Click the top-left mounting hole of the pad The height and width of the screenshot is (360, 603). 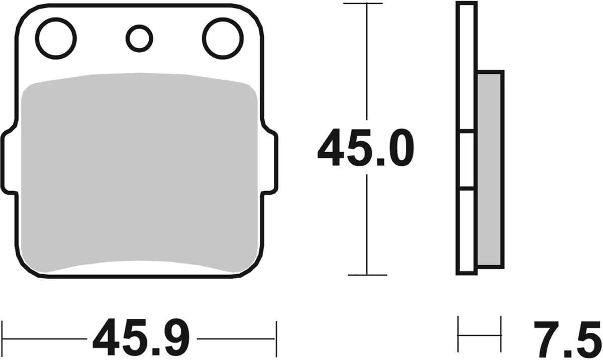[56, 38]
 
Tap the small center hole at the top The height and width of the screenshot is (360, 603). [139, 38]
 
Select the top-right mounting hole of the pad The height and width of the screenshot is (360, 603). [223, 38]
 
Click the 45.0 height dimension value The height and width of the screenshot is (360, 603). [365, 148]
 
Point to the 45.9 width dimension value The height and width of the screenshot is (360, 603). [141, 338]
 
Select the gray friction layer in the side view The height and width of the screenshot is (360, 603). [489, 168]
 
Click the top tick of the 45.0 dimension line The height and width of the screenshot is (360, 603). [367, 4]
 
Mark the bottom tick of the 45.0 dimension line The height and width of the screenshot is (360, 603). [367, 275]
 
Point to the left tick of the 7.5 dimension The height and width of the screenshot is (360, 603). [458, 334]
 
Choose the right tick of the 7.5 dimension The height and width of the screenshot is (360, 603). [501, 334]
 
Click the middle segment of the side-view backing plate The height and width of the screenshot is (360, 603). [466, 161]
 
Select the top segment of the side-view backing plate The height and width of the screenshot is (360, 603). [466, 68]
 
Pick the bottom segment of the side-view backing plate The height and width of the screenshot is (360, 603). [466, 231]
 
